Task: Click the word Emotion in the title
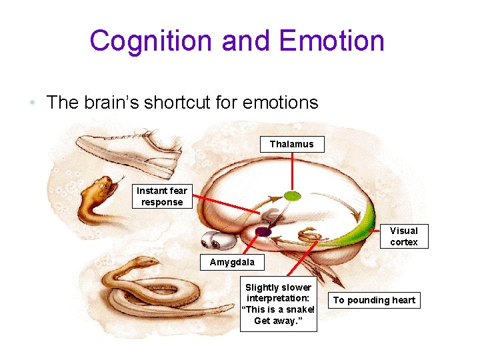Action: click(332, 41)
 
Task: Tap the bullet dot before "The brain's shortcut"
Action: click(32, 103)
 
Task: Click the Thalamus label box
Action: click(291, 144)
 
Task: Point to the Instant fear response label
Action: click(162, 197)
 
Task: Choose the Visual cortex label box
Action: click(404, 236)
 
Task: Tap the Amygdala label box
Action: click(227, 262)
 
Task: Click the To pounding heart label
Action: click(374, 300)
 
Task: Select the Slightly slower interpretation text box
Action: click(279, 304)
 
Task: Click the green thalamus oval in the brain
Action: click(292, 196)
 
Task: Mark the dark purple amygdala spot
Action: click(263, 231)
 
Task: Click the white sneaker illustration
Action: click(127, 152)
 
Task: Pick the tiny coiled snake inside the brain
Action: click(309, 235)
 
